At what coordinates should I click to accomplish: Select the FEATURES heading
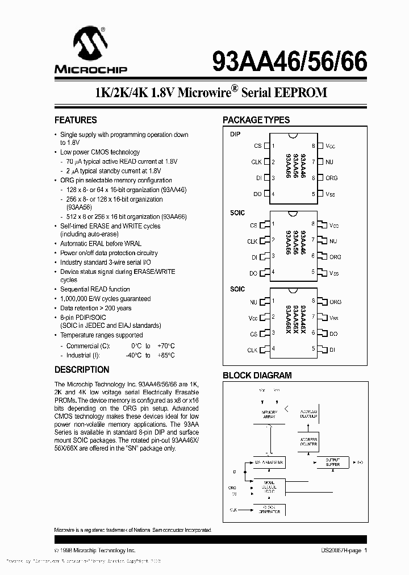point(76,120)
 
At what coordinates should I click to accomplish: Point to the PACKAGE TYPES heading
point(256,120)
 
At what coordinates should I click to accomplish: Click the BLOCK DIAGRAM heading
point(257,375)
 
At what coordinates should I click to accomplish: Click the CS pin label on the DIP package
point(257,146)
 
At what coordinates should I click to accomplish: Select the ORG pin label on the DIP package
point(331,178)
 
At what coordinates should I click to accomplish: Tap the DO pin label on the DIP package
point(257,194)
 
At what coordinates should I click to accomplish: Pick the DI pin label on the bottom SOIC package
point(333,350)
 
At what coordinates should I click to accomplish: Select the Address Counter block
point(309,442)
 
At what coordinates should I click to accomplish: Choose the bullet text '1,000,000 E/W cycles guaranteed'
point(106,299)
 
